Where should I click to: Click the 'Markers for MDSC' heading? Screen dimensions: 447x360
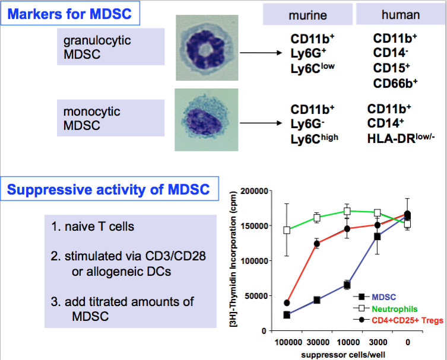[x=70, y=14]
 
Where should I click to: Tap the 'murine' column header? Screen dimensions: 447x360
[x=307, y=15]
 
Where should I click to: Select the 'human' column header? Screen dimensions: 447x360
[x=401, y=14]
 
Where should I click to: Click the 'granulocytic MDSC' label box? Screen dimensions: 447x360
[x=110, y=47]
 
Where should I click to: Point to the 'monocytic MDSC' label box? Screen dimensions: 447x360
[x=110, y=118]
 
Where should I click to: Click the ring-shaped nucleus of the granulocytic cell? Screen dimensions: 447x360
[x=204, y=50]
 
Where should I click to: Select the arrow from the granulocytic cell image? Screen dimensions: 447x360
[x=261, y=53]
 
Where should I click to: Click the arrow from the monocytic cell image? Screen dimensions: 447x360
[x=261, y=123]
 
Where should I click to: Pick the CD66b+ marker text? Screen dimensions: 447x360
[x=395, y=83]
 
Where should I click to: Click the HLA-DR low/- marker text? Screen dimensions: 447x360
[x=401, y=138]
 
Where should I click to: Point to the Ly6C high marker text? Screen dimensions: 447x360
[x=314, y=139]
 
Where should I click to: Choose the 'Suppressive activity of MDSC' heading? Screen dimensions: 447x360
[x=109, y=189]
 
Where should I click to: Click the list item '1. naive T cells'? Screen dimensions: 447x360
[x=93, y=227]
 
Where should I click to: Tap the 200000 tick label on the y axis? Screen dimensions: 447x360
[x=254, y=191]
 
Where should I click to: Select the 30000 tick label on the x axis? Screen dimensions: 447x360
[x=318, y=342]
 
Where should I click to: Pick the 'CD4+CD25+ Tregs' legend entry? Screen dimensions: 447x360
[x=398, y=320]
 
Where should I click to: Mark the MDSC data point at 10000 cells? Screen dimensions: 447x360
[x=347, y=285]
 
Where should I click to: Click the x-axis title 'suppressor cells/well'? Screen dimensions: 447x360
[x=343, y=355]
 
